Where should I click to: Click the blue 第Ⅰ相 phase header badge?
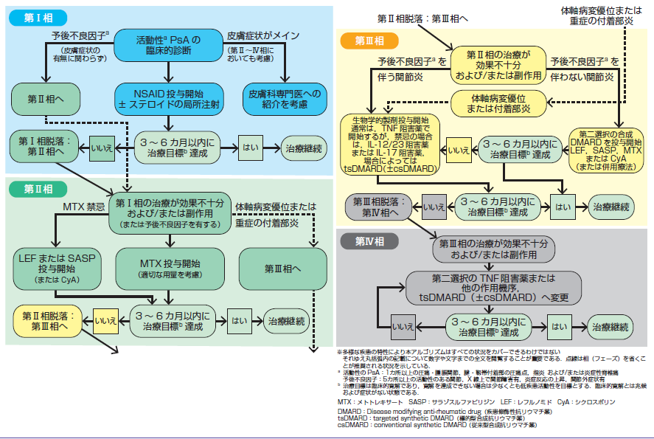pos(39,17)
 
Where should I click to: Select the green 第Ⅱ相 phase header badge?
pos(39,188)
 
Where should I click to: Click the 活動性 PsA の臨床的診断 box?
pos(169,44)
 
